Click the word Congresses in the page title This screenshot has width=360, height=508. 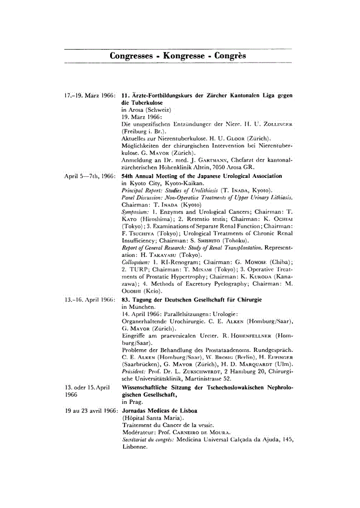pos(132,56)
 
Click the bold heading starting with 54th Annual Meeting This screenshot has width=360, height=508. pos(202,176)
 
